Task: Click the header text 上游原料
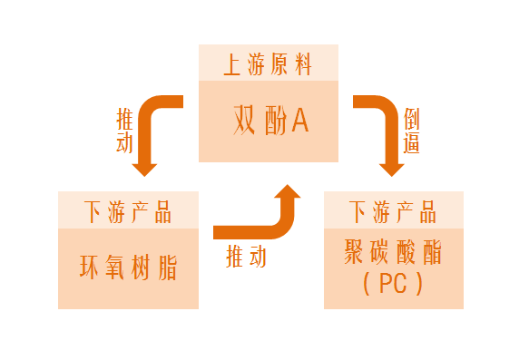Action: pyautogui.click(x=269, y=66)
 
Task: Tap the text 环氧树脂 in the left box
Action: pyautogui.click(x=128, y=268)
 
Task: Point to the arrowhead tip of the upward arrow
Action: pyautogui.click(x=289, y=188)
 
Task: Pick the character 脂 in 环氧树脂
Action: pyautogui.click(x=165, y=268)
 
